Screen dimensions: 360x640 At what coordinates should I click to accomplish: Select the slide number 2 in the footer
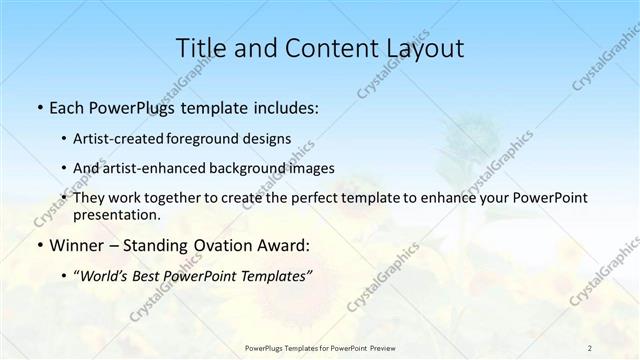pos(590,347)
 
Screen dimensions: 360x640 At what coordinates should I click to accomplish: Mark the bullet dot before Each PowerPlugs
pos(38,107)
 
